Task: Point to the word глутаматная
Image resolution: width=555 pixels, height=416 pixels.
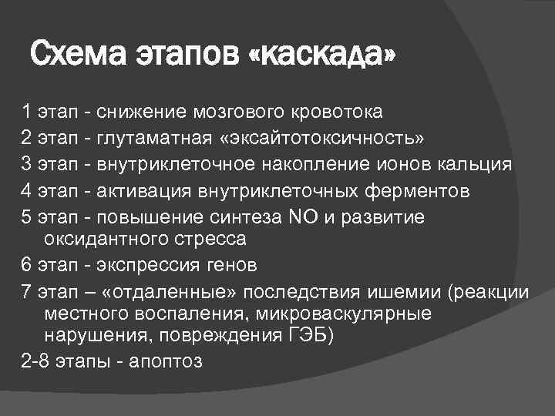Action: (x=154, y=138)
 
